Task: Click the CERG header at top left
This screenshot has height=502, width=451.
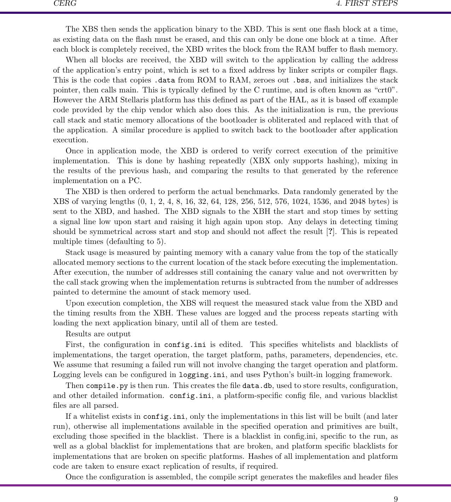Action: [65, 4]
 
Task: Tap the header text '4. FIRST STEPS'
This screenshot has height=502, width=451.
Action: [367, 4]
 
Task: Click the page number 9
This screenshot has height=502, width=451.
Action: [395, 499]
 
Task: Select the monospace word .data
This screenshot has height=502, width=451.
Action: [164, 80]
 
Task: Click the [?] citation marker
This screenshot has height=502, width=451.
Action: [331, 232]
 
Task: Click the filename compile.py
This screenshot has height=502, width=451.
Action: [107, 386]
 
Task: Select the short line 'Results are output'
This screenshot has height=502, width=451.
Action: [98, 334]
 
